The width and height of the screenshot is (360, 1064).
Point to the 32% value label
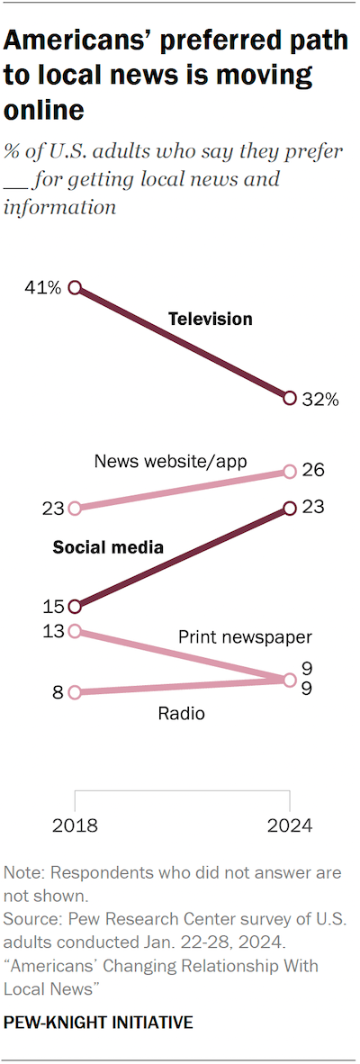coord(319,400)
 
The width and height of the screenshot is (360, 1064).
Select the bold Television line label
coord(211,319)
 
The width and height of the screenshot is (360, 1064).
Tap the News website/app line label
coord(170,462)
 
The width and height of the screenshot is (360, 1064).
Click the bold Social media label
coord(108,546)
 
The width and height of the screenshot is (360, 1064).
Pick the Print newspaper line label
coord(244,637)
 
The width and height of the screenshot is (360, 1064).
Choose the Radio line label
coord(181,714)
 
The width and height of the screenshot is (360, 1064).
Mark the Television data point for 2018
coord(75,288)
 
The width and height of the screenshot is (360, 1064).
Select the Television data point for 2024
coord(290,398)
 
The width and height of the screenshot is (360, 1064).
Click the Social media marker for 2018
coord(75,607)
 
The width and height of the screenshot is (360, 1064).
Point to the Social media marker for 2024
coord(290,509)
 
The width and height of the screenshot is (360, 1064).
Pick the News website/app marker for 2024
coord(290,471)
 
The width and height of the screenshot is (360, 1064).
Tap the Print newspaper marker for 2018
coord(75,631)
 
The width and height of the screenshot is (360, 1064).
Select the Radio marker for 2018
coord(75,692)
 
